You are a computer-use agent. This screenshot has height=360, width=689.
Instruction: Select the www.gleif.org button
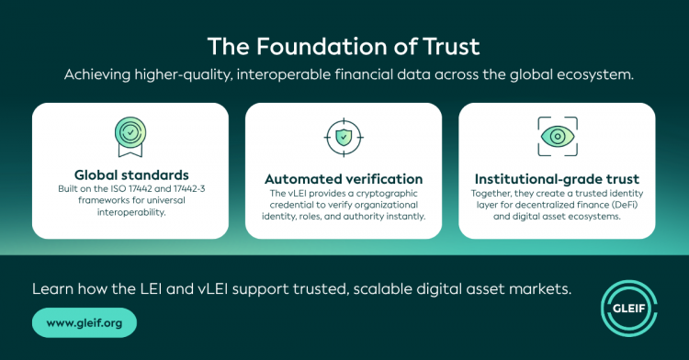85,322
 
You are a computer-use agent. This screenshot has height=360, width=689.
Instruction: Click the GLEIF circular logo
628,309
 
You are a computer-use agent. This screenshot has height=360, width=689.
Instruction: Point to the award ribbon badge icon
130,137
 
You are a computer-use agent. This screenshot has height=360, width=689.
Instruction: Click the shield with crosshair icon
344,137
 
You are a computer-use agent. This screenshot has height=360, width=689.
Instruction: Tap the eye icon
558,137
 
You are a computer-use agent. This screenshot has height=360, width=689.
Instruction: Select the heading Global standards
131,174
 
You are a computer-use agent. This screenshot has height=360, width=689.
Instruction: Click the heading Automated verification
344,179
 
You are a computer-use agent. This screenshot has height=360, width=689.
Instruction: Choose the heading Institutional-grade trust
557,179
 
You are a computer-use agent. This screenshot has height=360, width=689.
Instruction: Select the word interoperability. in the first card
131,212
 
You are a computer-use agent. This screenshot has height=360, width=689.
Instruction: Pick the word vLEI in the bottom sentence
213,289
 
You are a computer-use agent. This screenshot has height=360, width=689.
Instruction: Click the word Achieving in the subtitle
97,74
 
